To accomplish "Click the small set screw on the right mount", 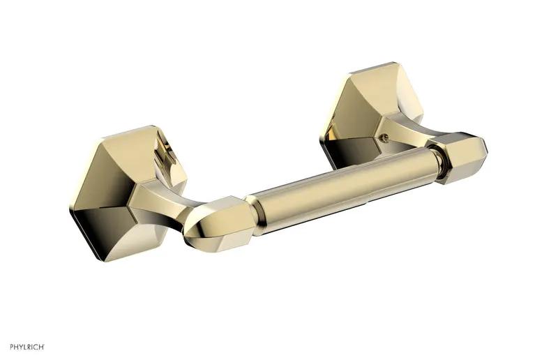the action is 383,136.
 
